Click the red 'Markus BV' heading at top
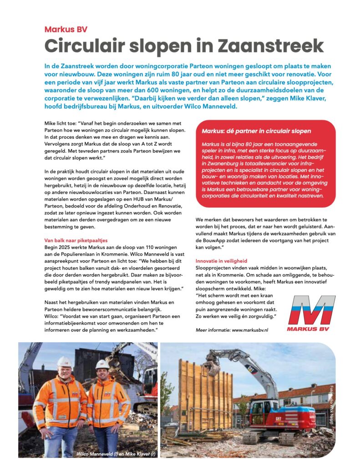(x=66, y=30)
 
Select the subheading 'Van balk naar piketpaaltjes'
(x=76, y=240)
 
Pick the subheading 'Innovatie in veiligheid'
(x=221, y=261)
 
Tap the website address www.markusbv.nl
(x=250, y=329)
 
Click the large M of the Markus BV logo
(x=312, y=310)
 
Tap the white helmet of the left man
(x=64, y=362)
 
